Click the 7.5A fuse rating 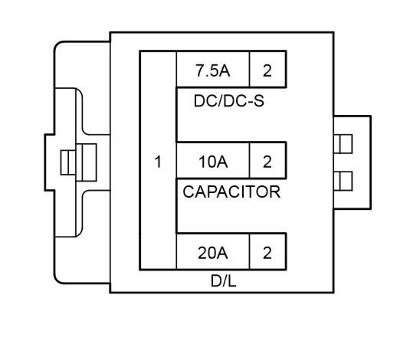[x=213, y=71]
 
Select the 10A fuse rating [x=213, y=162]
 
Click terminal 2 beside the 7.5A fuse [x=267, y=71]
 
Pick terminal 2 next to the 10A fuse [x=267, y=162]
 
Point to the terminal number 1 [x=158, y=162]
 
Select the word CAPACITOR [x=231, y=191]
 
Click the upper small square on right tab [x=345, y=143]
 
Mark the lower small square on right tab [x=345, y=181]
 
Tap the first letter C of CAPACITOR [x=189, y=191]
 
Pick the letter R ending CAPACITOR [x=274, y=191]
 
